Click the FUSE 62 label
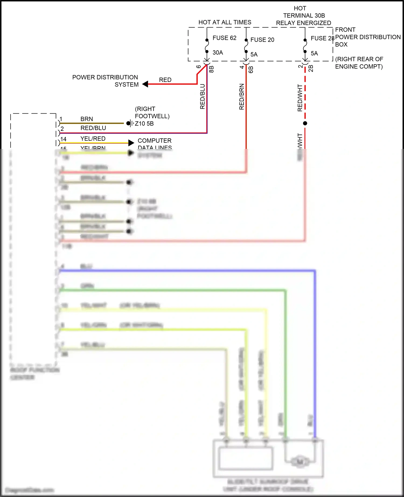click(x=224, y=38)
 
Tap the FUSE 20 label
click(x=262, y=40)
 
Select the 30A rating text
click(x=218, y=52)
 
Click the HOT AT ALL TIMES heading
click(x=225, y=22)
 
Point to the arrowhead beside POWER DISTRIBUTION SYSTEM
click(x=145, y=84)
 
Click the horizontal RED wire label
click(x=165, y=80)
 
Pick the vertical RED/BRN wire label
click(x=242, y=97)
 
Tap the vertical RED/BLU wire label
click(x=203, y=97)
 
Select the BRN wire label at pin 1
click(x=86, y=119)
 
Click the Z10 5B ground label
click(x=144, y=124)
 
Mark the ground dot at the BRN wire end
click(x=128, y=123)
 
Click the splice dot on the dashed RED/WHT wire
click(x=305, y=123)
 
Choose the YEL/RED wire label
click(x=93, y=139)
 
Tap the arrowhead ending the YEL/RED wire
click(x=131, y=143)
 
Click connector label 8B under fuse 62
click(x=211, y=69)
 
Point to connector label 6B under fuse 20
click(x=251, y=70)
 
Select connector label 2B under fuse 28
click(x=311, y=69)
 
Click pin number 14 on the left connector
click(x=63, y=139)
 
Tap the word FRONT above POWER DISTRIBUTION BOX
click(x=345, y=30)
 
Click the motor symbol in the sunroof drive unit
click(x=299, y=462)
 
